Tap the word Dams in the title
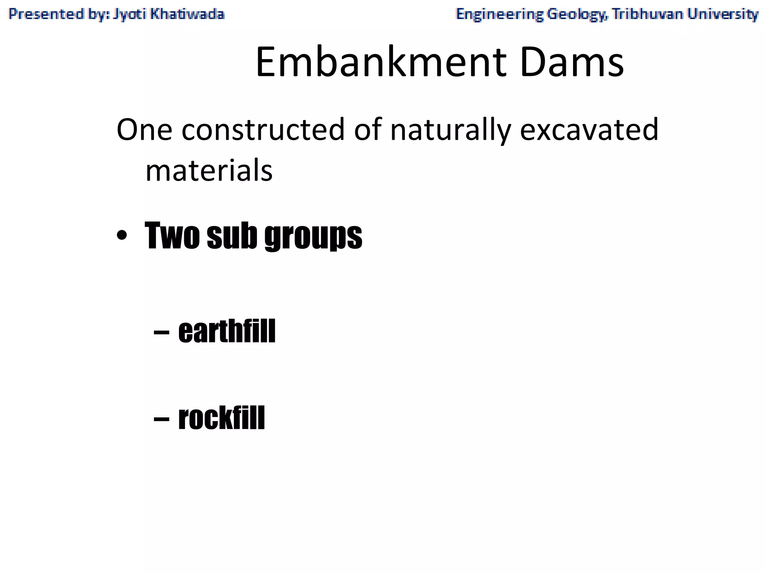coord(572,62)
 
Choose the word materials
coord(209,170)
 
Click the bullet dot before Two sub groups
coord(122,236)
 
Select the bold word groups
coord(313,236)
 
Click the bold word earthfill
coord(227,331)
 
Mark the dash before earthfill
coord(161,332)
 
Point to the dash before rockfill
coord(161,419)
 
